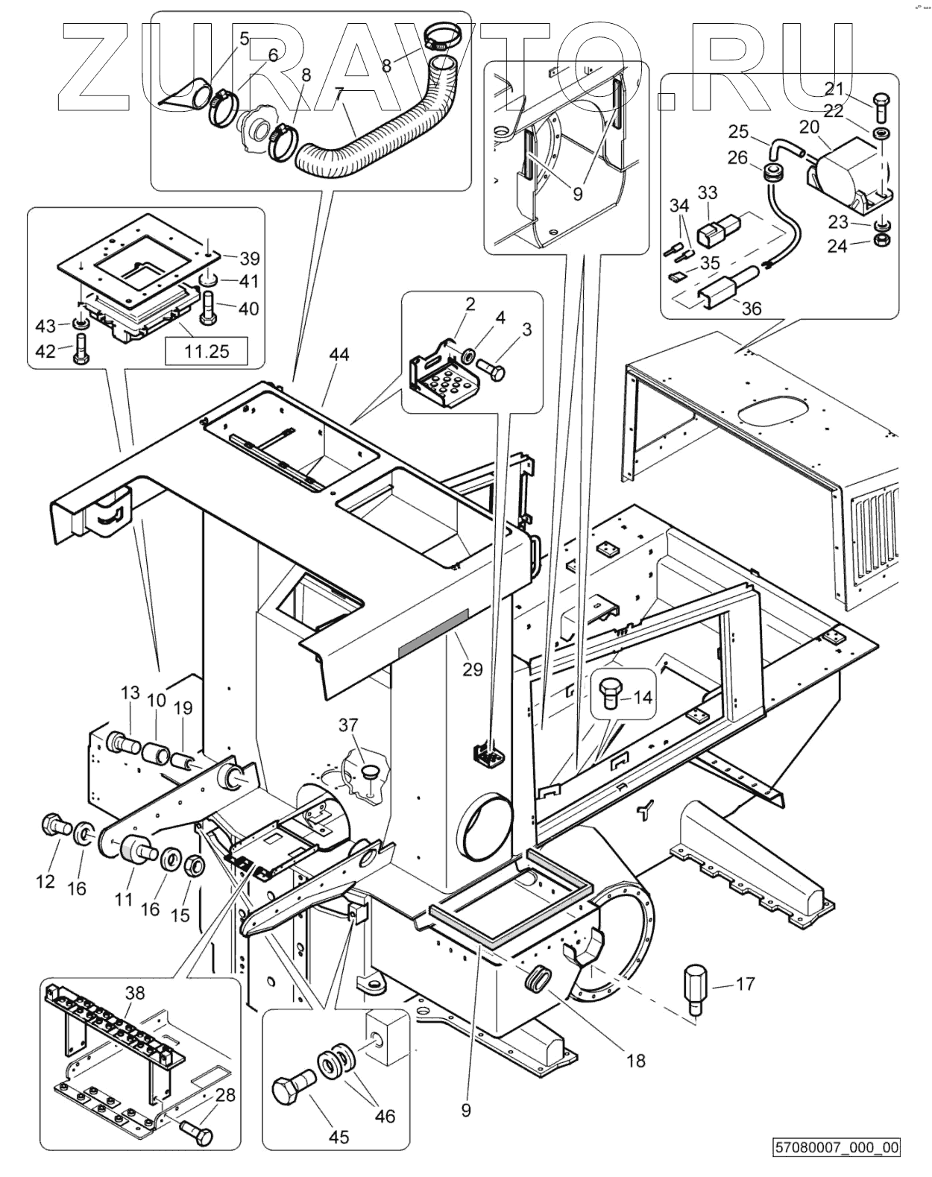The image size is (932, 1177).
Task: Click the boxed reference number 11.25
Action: [207, 350]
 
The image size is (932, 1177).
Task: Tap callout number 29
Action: [473, 669]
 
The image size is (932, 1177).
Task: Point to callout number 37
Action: [348, 725]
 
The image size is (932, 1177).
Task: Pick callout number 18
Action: [636, 1059]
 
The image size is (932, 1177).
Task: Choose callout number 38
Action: [136, 993]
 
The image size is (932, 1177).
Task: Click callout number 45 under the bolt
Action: [339, 1137]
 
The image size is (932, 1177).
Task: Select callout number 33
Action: [707, 192]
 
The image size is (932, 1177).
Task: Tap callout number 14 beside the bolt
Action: [642, 698]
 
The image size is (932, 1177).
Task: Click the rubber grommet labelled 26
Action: [769, 176]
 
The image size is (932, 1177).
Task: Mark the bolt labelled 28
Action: [198, 1136]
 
